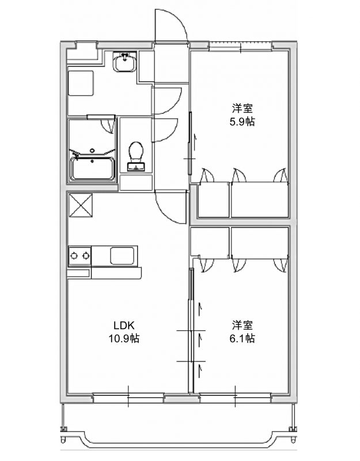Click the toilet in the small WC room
coord(136,156)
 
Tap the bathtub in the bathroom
coord(92,168)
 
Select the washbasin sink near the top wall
coord(125,62)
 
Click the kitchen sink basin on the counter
coord(122,256)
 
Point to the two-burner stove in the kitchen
coord(79,256)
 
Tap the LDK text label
coord(124,326)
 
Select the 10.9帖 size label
coord(124,339)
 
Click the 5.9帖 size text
coord(242,122)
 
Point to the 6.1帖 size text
coord(242,339)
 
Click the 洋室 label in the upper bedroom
coord(242,108)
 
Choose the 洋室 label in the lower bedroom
coord(242,326)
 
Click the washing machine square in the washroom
coord(81,83)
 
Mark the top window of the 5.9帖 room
coord(240,47)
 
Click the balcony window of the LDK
coord(128,399)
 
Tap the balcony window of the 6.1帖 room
coord(235,399)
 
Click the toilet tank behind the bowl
coord(136,167)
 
